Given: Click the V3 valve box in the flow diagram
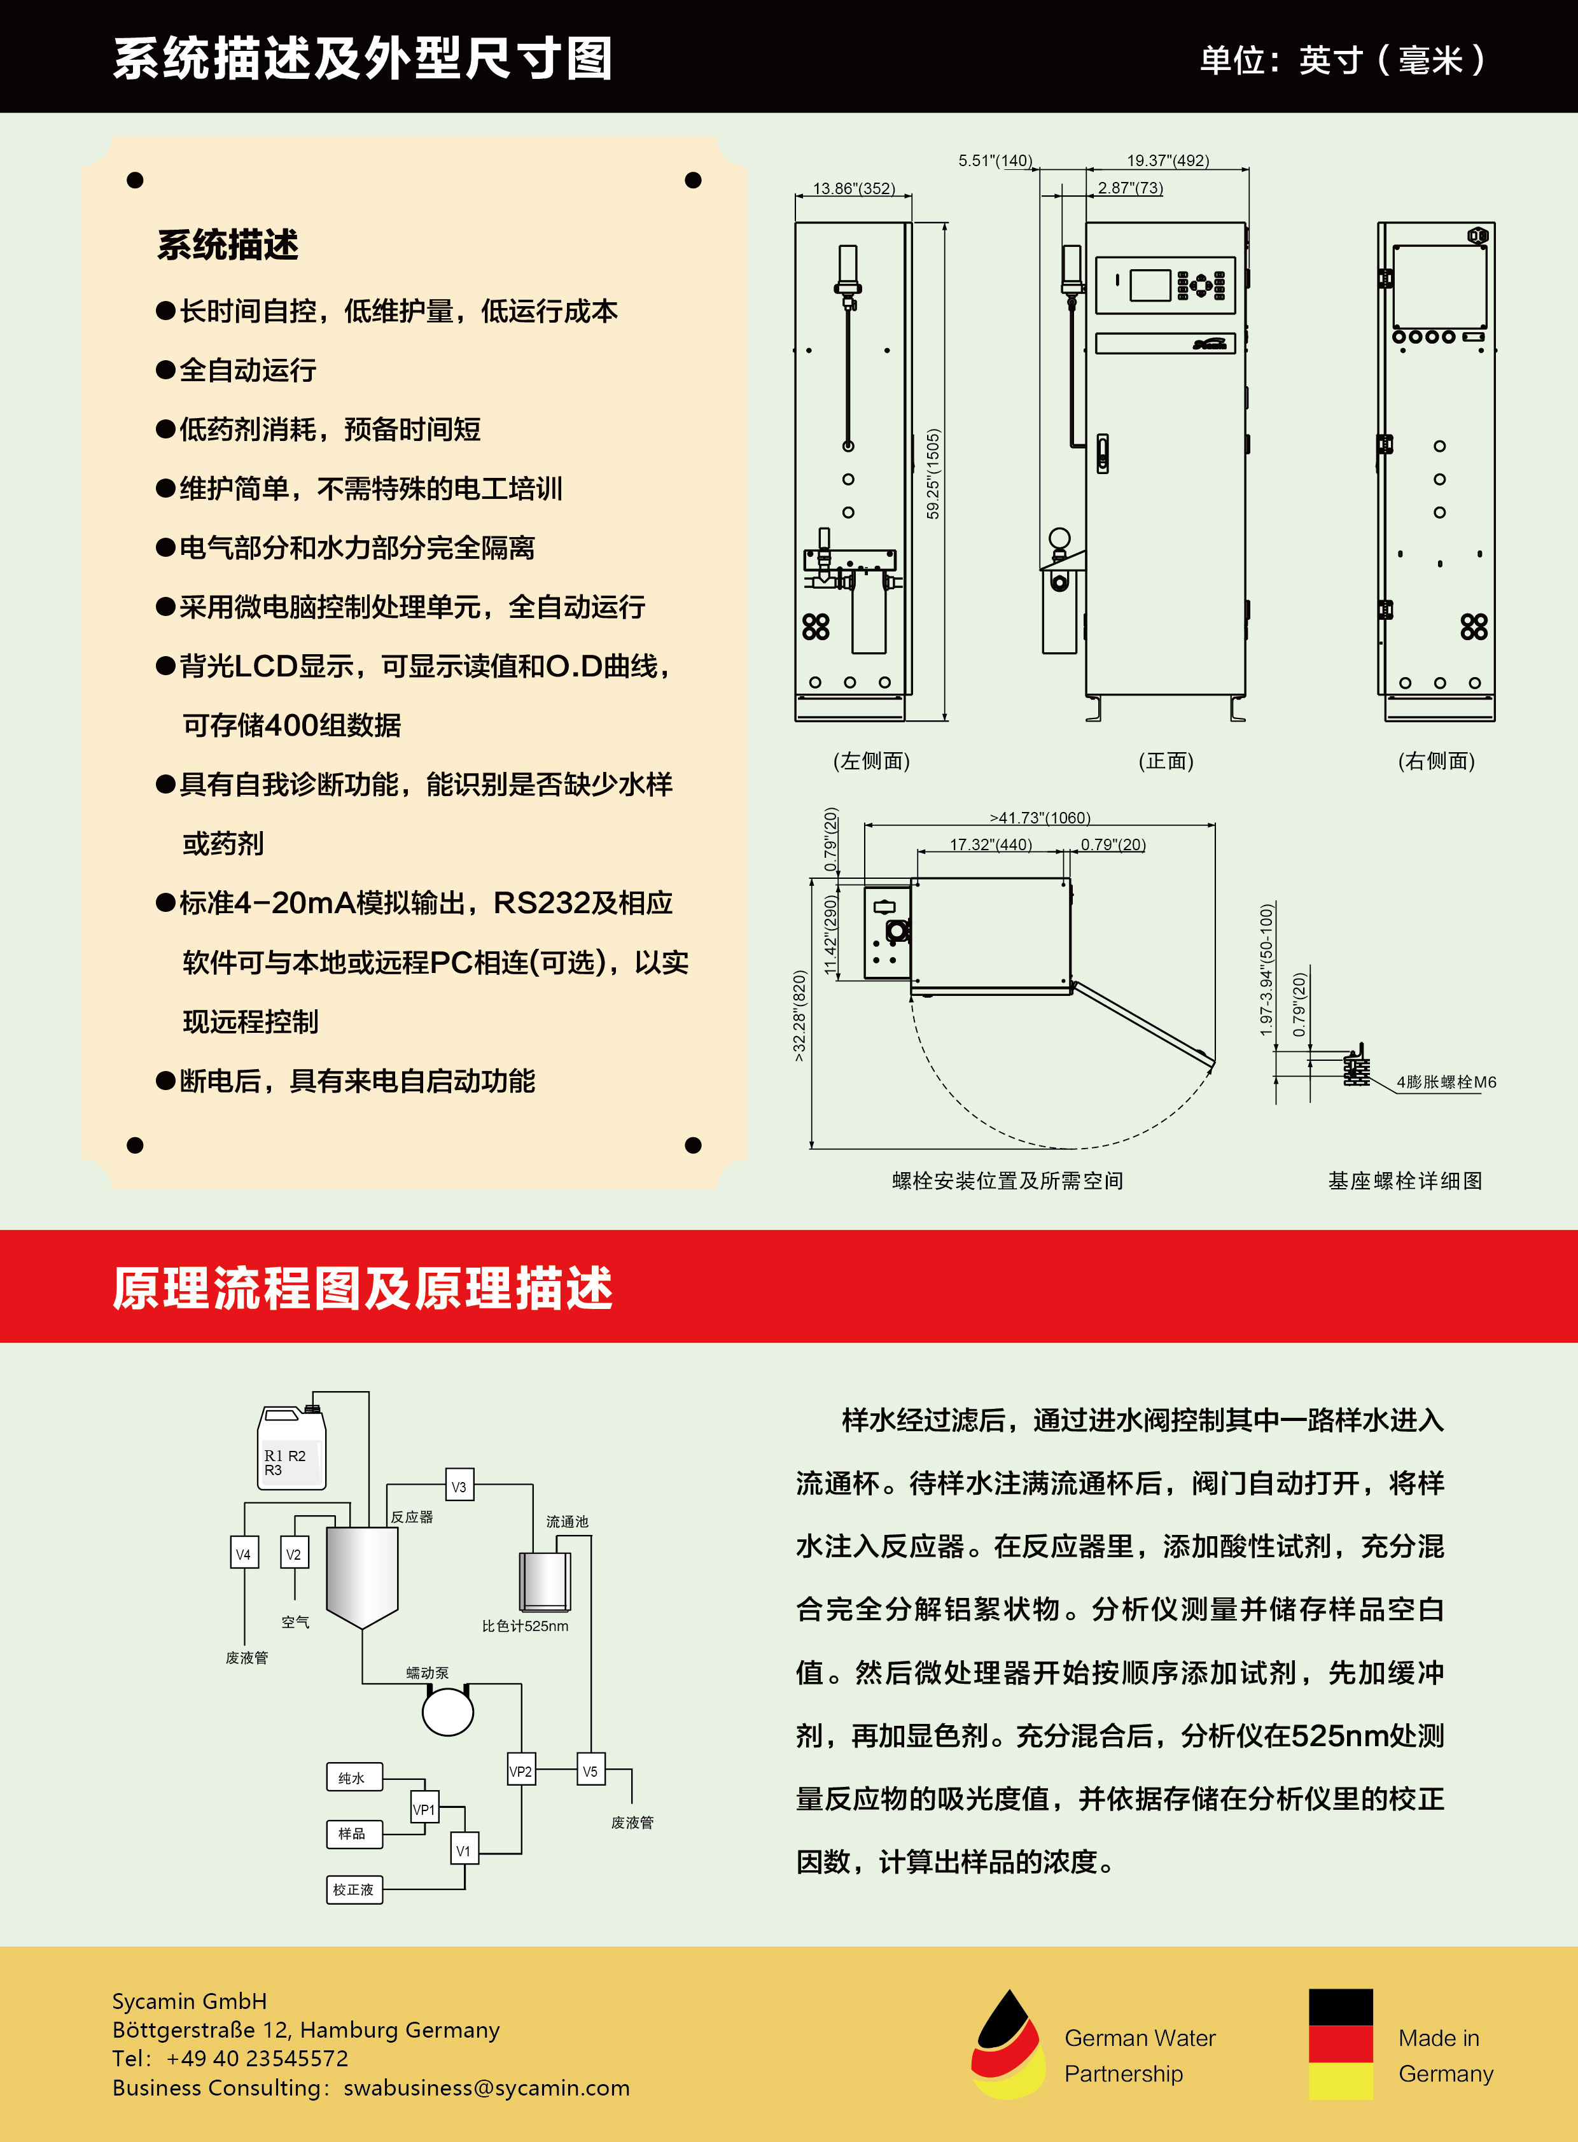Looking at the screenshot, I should (x=459, y=1486).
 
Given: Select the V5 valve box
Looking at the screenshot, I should (x=590, y=1770).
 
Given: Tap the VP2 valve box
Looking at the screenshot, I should (x=520, y=1770).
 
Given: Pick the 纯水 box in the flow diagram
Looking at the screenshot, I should (x=353, y=1777).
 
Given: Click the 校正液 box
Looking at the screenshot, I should (x=353, y=1889).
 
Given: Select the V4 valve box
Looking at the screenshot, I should (x=244, y=1553).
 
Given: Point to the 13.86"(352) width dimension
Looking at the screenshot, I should (x=853, y=188).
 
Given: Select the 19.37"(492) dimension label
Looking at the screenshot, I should (x=1167, y=160).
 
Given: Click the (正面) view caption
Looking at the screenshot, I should (x=1165, y=760).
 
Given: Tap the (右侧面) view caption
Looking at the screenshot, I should (x=1435, y=760).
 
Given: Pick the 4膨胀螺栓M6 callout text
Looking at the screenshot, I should (x=1445, y=1082).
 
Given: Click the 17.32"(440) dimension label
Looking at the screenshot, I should (x=991, y=844).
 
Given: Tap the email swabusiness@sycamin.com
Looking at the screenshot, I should (x=486, y=2087).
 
